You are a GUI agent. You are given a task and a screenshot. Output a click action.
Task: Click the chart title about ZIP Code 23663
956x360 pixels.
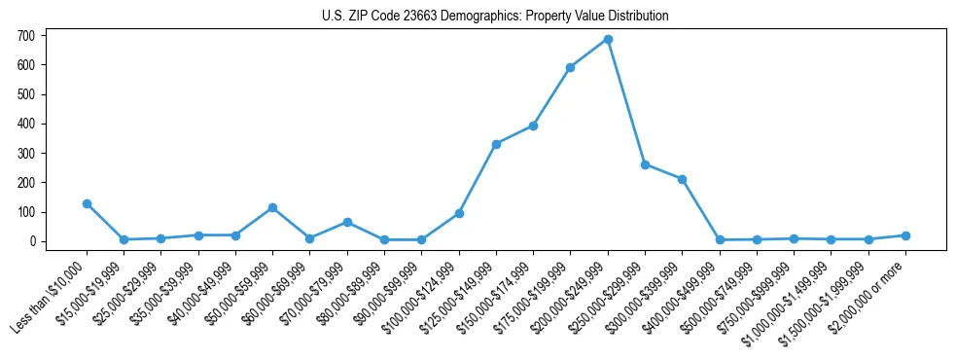495,16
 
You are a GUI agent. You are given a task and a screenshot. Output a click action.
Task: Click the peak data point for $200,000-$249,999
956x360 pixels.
608,40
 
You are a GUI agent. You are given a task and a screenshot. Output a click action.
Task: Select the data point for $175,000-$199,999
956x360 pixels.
571,67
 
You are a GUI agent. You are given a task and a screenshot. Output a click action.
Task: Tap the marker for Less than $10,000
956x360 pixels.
87,203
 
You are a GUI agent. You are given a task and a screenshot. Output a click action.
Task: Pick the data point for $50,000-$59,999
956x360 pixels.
272,207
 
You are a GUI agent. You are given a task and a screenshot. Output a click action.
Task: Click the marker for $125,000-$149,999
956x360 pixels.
496,144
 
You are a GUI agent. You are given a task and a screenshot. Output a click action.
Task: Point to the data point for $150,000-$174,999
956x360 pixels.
533,126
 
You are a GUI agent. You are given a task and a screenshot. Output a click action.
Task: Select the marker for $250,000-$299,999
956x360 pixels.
645,164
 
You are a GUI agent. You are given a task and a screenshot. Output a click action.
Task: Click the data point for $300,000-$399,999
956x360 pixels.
683,179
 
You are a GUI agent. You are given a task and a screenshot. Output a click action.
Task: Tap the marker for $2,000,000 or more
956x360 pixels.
905,235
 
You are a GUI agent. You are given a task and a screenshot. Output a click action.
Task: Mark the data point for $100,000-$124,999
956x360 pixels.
459,213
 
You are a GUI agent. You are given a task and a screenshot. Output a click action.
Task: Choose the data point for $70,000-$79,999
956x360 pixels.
347,222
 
